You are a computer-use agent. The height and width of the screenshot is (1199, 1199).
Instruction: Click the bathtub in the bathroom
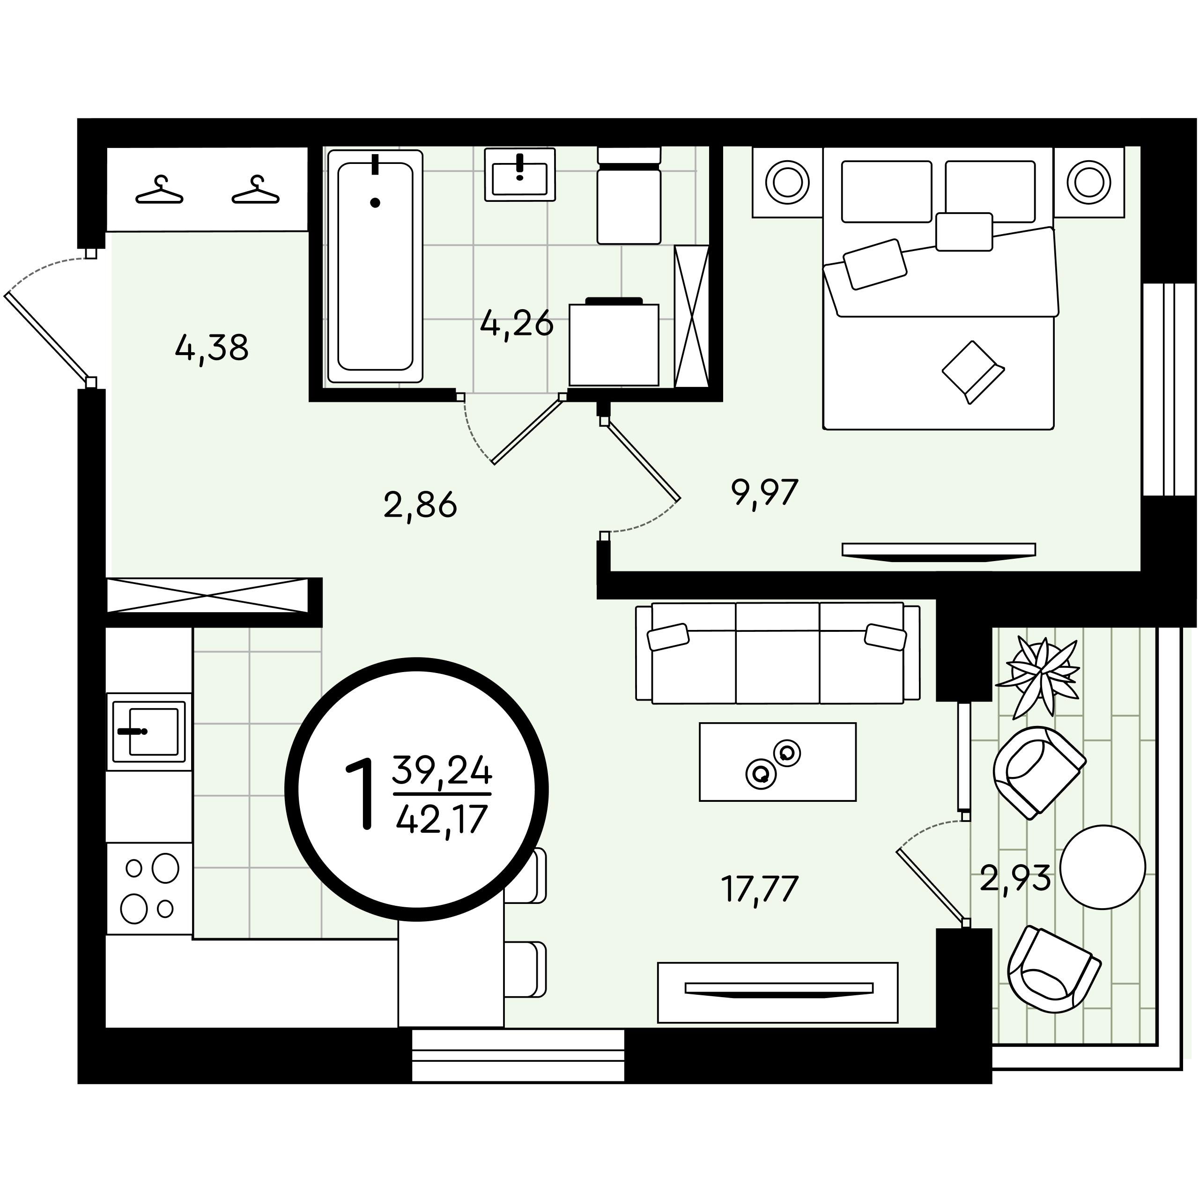click(x=375, y=266)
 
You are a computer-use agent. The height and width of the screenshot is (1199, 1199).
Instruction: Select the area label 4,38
click(x=212, y=348)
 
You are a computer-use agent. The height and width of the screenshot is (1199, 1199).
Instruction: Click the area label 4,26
click(x=516, y=323)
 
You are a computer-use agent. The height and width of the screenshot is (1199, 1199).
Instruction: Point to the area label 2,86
click(x=420, y=505)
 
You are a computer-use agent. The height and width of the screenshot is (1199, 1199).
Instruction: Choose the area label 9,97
click(x=764, y=493)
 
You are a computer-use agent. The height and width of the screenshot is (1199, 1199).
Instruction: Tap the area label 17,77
click(x=759, y=890)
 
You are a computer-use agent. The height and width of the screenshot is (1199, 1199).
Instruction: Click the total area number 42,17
click(x=441, y=820)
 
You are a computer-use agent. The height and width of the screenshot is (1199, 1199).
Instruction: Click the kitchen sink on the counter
click(x=149, y=732)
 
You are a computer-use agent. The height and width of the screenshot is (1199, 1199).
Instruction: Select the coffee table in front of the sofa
click(x=777, y=762)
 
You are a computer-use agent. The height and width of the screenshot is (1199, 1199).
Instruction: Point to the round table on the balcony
click(x=1103, y=867)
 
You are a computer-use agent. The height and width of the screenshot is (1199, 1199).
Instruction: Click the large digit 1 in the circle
click(x=362, y=795)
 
